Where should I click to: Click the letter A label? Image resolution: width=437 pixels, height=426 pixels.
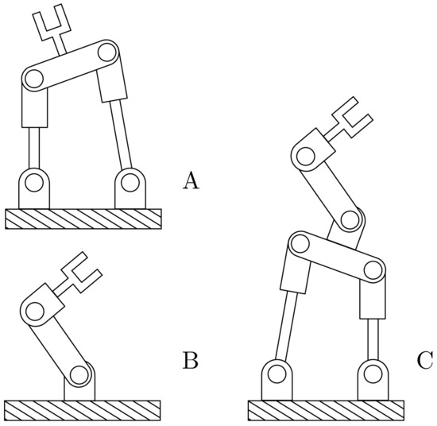click(x=191, y=182)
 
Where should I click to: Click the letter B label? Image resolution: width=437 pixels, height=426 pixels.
click(x=191, y=362)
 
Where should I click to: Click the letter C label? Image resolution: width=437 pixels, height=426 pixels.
click(x=425, y=362)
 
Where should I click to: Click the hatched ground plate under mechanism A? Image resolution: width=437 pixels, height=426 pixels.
click(x=83, y=219)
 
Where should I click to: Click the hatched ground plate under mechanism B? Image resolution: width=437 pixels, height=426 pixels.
click(x=83, y=410)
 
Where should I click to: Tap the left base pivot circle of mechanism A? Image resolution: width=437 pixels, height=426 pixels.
click(x=33, y=184)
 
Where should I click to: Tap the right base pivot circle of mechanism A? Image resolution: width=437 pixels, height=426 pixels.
click(x=130, y=184)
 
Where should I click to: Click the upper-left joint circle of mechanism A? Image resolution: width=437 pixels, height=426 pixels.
click(x=33, y=78)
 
